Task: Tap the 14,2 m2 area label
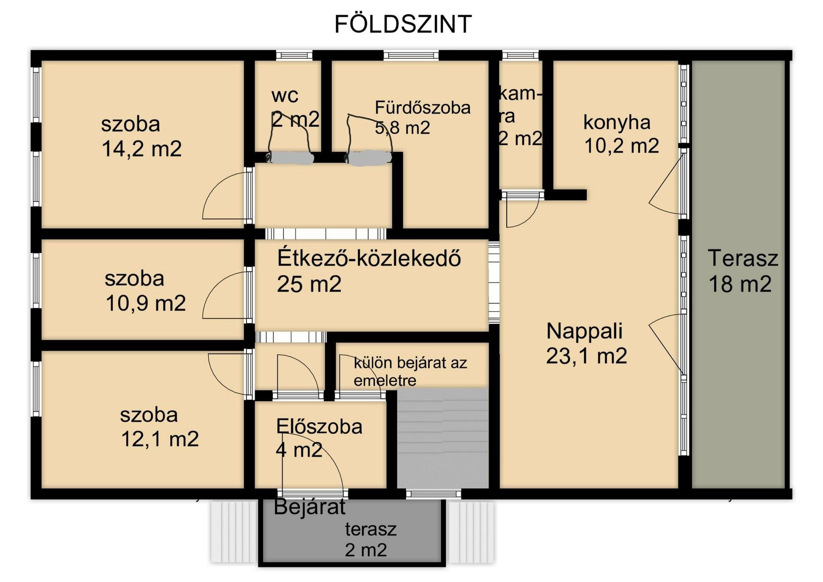(141, 149)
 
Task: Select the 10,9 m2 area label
(146, 303)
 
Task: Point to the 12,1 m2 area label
(160, 439)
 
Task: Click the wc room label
(285, 96)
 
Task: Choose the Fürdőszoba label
(423, 107)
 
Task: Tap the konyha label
(617, 123)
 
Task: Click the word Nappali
(585, 331)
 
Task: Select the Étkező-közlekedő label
(369, 258)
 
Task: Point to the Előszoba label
(319, 426)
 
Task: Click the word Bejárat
(309, 507)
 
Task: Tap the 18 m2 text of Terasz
(740, 284)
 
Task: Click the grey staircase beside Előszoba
(443, 438)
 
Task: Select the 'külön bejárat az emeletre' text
(410, 371)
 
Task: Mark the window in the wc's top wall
(294, 55)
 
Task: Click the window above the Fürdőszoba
(411, 55)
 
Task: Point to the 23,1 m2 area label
(586, 356)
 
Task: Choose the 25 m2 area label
(309, 284)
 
